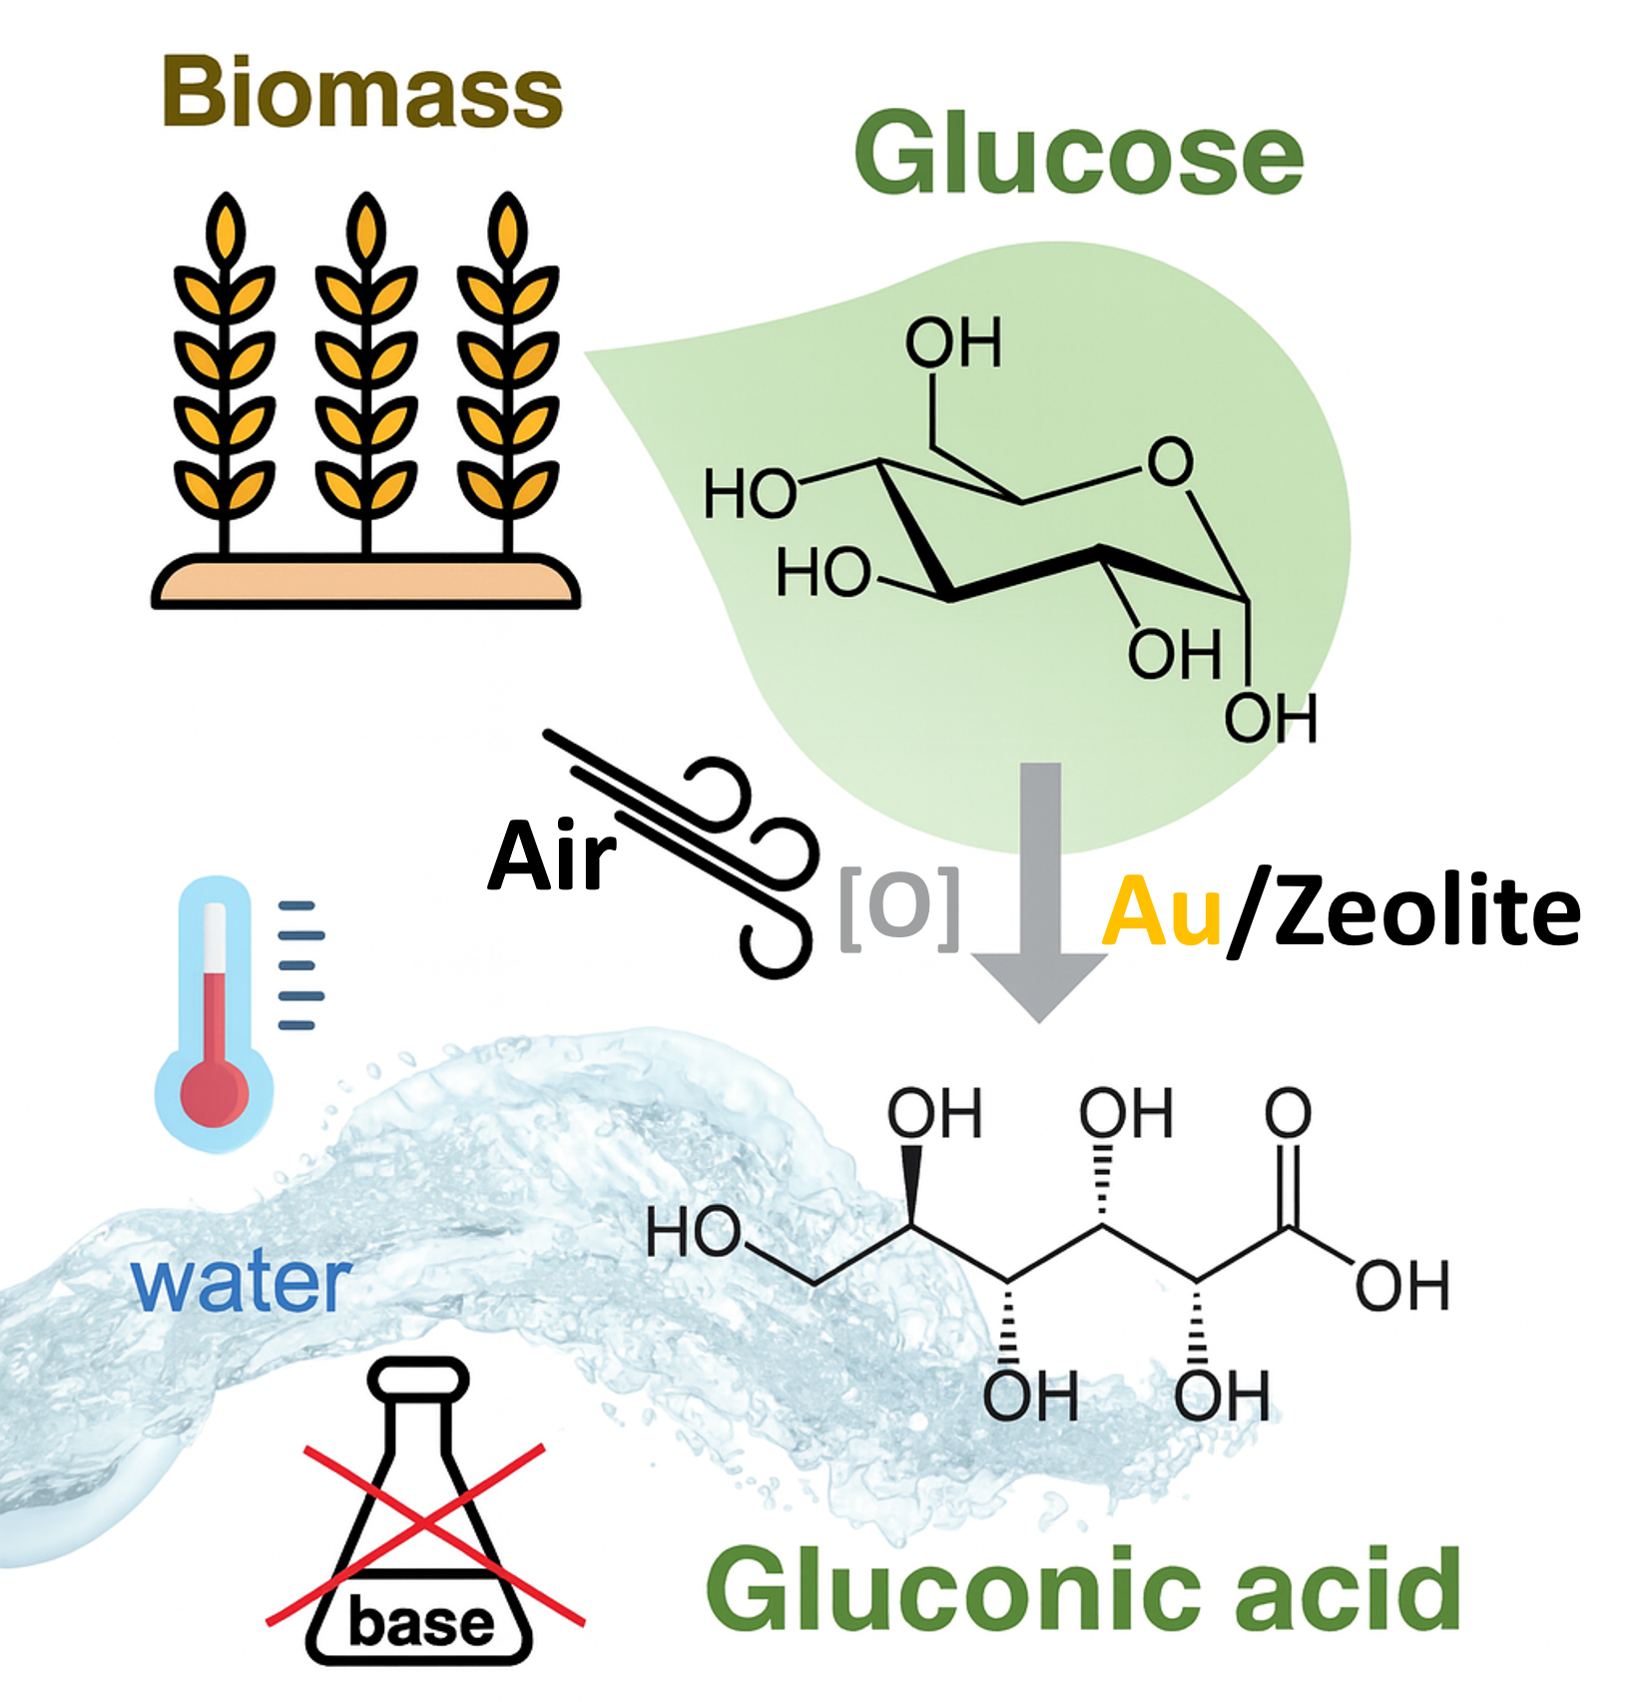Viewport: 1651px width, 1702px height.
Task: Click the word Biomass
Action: click(x=362, y=93)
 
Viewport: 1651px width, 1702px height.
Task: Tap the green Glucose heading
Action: click(x=1078, y=154)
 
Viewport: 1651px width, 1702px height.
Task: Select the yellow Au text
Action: click(x=1162, y=910)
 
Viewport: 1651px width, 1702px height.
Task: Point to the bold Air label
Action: click(x=551, y=856)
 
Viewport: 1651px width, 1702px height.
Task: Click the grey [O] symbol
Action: click(x=899, y=907)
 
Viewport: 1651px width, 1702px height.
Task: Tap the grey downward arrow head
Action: click(x=1040, y=983)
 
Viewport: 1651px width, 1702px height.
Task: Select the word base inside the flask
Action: click(x=421, y=1623)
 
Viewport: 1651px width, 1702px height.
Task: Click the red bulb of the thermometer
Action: click(x=214, y=1092)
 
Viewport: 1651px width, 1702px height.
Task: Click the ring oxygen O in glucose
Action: click(x=1169, y=461)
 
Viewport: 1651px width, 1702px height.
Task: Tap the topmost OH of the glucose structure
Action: click(x=952, y=343)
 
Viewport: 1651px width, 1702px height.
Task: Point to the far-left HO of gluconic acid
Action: click(x=693, y=1232)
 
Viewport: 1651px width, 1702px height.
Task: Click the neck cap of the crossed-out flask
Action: click(x=418, y=1379)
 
